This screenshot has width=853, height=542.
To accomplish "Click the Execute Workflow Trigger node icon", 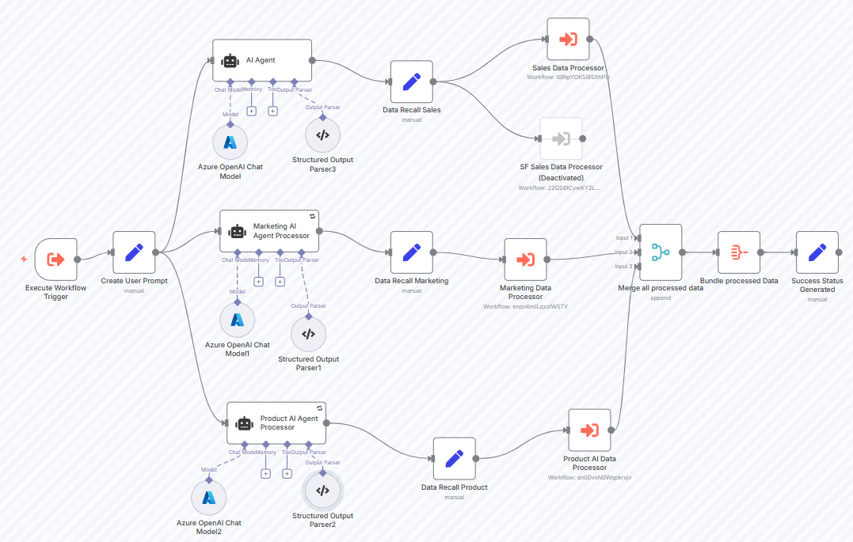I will coord(56,260).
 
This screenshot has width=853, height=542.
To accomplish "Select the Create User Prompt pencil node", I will coord(134,252).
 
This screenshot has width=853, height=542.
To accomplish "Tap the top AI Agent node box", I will coord(262,60).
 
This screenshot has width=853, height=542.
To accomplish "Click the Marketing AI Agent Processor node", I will coord(269,231).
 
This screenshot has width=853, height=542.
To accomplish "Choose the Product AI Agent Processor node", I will coord(276,423).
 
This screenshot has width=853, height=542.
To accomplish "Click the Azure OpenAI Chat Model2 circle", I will coord(209,497).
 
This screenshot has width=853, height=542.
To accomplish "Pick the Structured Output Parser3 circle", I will coord(322,135).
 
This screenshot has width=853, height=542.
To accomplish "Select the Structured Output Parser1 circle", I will coord(308,334).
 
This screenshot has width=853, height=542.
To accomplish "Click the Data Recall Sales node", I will coord(411,81).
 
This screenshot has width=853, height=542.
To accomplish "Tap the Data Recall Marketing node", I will coord(411,252).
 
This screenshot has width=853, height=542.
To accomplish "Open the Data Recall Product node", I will coord(454,458).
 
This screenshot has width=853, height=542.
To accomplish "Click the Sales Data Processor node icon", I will coord(568,39).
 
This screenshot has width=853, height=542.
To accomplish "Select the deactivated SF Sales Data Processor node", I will coord(561,138).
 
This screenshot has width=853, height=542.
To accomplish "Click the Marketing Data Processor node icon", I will coord(525,260).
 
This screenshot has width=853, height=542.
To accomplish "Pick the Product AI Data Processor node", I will coord(589,430).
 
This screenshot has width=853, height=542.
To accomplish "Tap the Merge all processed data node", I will coord(661,252).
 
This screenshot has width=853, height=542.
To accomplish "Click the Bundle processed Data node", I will coord(738,252).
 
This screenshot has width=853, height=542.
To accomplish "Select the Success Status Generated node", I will coord(817,252).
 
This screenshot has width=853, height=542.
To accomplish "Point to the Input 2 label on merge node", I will coord(624,252).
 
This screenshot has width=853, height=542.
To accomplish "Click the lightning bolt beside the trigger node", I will coord(24,259).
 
